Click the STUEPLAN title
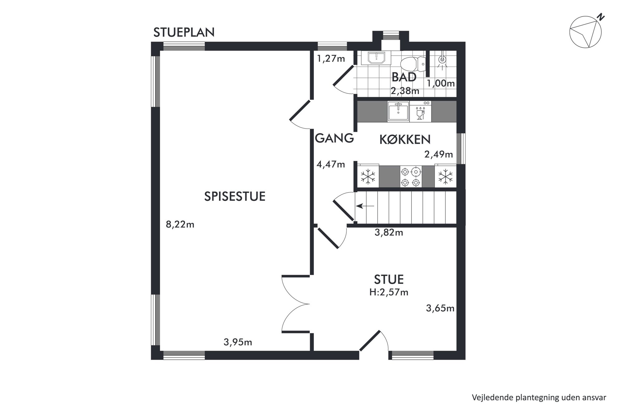[184, 32]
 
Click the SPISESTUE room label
[235, 197]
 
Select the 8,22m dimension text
[180, 225]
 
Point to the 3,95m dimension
[238, 343]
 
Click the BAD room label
[404, 77]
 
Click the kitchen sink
[398, 111]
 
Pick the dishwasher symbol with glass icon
[421, 111]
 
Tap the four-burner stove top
[411, 177]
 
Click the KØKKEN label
[405, 140]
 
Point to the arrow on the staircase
[365, 206]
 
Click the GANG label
[334, 138]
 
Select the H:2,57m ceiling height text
[389, 292]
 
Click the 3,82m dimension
[389, 233]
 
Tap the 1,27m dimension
[331, 59]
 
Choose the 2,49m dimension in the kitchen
[439, 154]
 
